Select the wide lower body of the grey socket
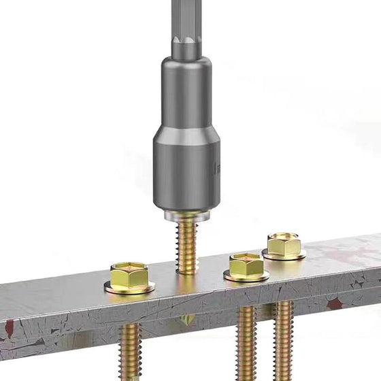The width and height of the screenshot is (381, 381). [x=186, y=170]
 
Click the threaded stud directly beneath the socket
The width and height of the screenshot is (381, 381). [x=187, y=242]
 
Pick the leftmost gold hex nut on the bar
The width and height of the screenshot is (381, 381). [x=129, y=276]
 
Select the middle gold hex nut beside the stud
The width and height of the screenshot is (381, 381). [x=246, y=265]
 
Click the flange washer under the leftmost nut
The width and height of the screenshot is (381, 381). [x=129, y=287]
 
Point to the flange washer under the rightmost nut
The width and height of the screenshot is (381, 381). [x=284, y=255]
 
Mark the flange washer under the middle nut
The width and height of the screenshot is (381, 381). [x=246, y=276]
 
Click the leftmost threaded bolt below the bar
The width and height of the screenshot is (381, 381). [x=129, y=350]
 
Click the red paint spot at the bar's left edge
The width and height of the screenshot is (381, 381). [x=9, y=329]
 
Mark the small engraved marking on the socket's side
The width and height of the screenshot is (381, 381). [x=218, y=167]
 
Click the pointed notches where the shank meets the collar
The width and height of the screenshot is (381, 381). [x=186, y=46]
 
